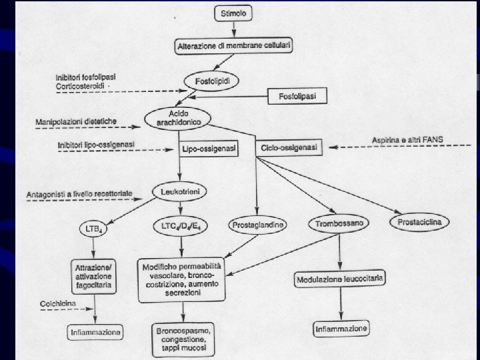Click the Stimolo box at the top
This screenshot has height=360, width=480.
[232, 13]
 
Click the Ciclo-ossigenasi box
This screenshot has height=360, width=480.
[289, 147]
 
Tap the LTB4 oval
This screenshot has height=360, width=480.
[93, 229]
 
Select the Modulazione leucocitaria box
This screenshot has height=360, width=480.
[341, 279]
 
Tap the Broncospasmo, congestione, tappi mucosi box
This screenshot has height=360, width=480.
[181, 339]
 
